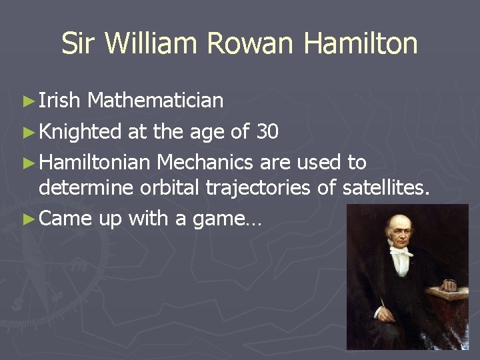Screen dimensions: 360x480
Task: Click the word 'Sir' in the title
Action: click(x=79, y=44)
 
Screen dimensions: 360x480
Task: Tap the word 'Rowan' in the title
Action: click(x=249, y=44)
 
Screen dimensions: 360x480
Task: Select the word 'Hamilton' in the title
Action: click(x=360, y=44)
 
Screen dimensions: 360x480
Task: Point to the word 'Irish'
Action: click(x=60, y=101)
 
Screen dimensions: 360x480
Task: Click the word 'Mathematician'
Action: click(x=155, y=101)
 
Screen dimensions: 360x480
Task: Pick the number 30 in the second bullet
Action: click(x=267, y=132)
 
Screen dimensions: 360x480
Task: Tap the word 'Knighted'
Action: click(x=80, y=132)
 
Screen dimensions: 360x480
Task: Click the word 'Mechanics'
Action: click(x=205, y=162)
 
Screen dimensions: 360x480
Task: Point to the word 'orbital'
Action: click(x=169, y=189)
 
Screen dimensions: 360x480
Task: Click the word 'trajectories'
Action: click(x=257, y=189)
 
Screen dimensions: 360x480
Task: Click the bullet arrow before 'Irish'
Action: click(x=27, y=101)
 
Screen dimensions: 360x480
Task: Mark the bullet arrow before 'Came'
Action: click(x=27, y=219)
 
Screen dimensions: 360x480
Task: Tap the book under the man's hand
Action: click(x=447, y=294)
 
